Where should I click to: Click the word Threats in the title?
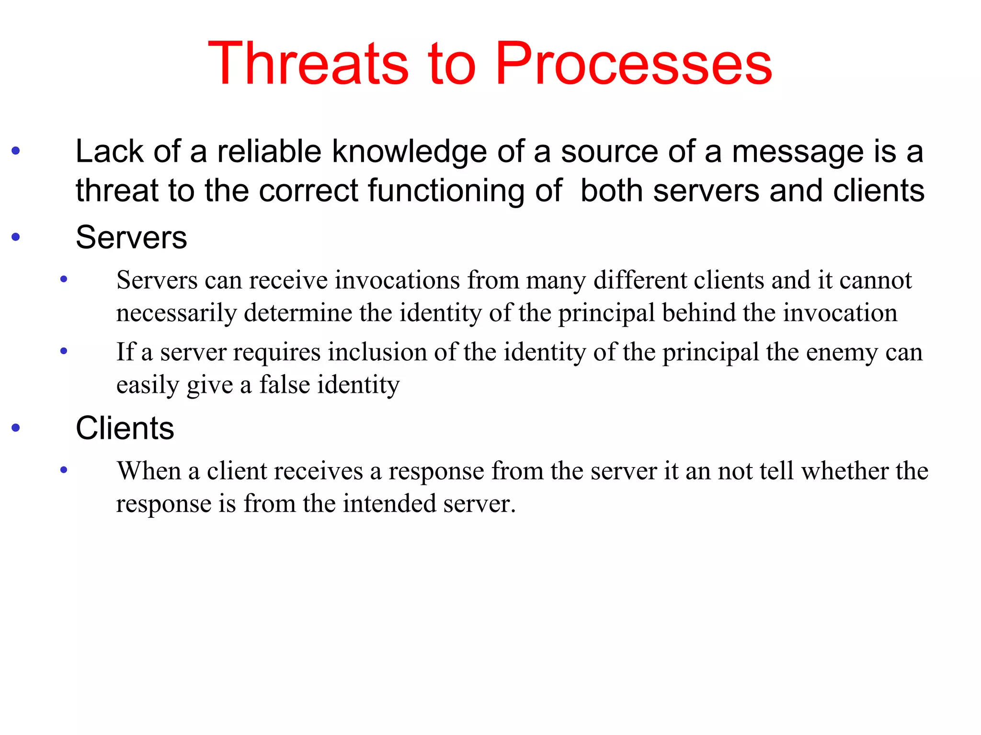point(308,64)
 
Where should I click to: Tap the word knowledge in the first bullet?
point(410,152)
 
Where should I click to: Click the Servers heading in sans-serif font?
point(131,237)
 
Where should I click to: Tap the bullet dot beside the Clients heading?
point(16,427)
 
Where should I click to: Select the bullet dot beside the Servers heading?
point(16,236)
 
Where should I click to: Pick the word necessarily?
point(176,313)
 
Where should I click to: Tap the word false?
point(284,385)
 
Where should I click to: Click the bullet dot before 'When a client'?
point(64,470)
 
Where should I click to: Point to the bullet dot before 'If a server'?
point(64,351)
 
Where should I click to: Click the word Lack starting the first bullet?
point(110,152)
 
